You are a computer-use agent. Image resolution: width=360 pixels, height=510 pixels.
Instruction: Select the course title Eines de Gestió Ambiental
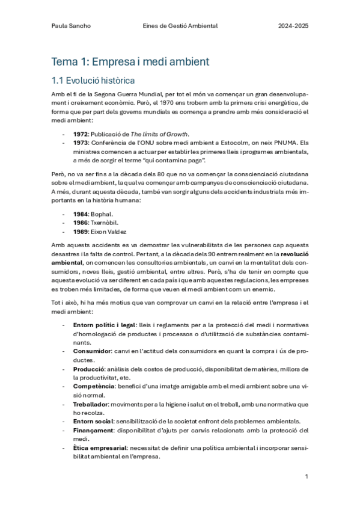coord(180,26)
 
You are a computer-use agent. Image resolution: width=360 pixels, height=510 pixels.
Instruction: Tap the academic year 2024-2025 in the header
coord(293,26)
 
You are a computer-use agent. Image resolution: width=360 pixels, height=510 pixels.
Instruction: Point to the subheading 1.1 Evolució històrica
coord(93,81)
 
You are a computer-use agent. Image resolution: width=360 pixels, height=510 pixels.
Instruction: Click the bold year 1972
coord(82,134)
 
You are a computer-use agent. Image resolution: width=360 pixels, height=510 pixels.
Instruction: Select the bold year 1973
coord(82,143)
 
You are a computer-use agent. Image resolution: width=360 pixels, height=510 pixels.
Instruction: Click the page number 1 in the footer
coord(307,476)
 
